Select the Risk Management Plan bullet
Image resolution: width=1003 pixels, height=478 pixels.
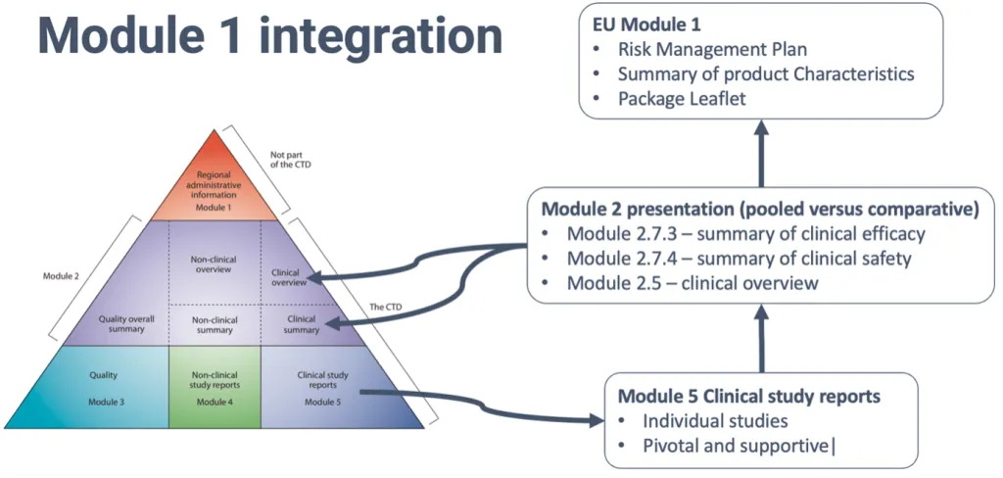pyautogui.click(x=712, y=49)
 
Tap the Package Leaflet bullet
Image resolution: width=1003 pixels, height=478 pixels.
pyautogui.click(x=676, y=99)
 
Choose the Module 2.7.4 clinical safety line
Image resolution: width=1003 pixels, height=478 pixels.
pyautogui.click(x=739, y=259)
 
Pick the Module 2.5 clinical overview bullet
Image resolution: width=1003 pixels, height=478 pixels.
pyautogui.click(x=693, y=284)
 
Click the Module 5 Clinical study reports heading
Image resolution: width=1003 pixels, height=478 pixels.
pyautogui.click(x=749, y=397)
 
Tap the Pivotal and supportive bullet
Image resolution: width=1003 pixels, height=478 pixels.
pyautogui.click(x=735, y=448)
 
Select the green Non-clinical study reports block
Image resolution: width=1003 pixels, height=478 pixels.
pyautogui.click(x=215, y=387)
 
